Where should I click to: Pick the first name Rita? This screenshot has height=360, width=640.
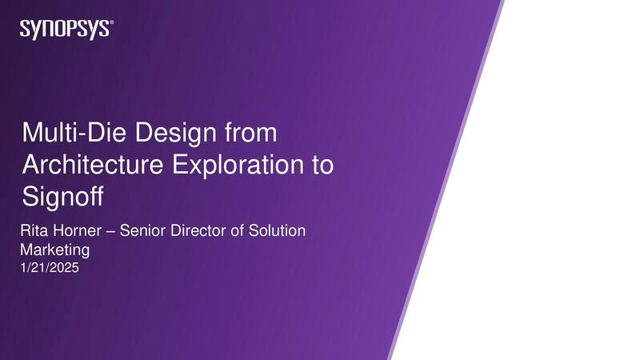(33, 231)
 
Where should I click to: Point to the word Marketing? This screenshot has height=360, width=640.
(54, 250)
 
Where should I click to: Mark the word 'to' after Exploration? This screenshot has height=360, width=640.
(320, 164)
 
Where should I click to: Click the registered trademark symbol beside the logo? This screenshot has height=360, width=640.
(111, 24)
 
